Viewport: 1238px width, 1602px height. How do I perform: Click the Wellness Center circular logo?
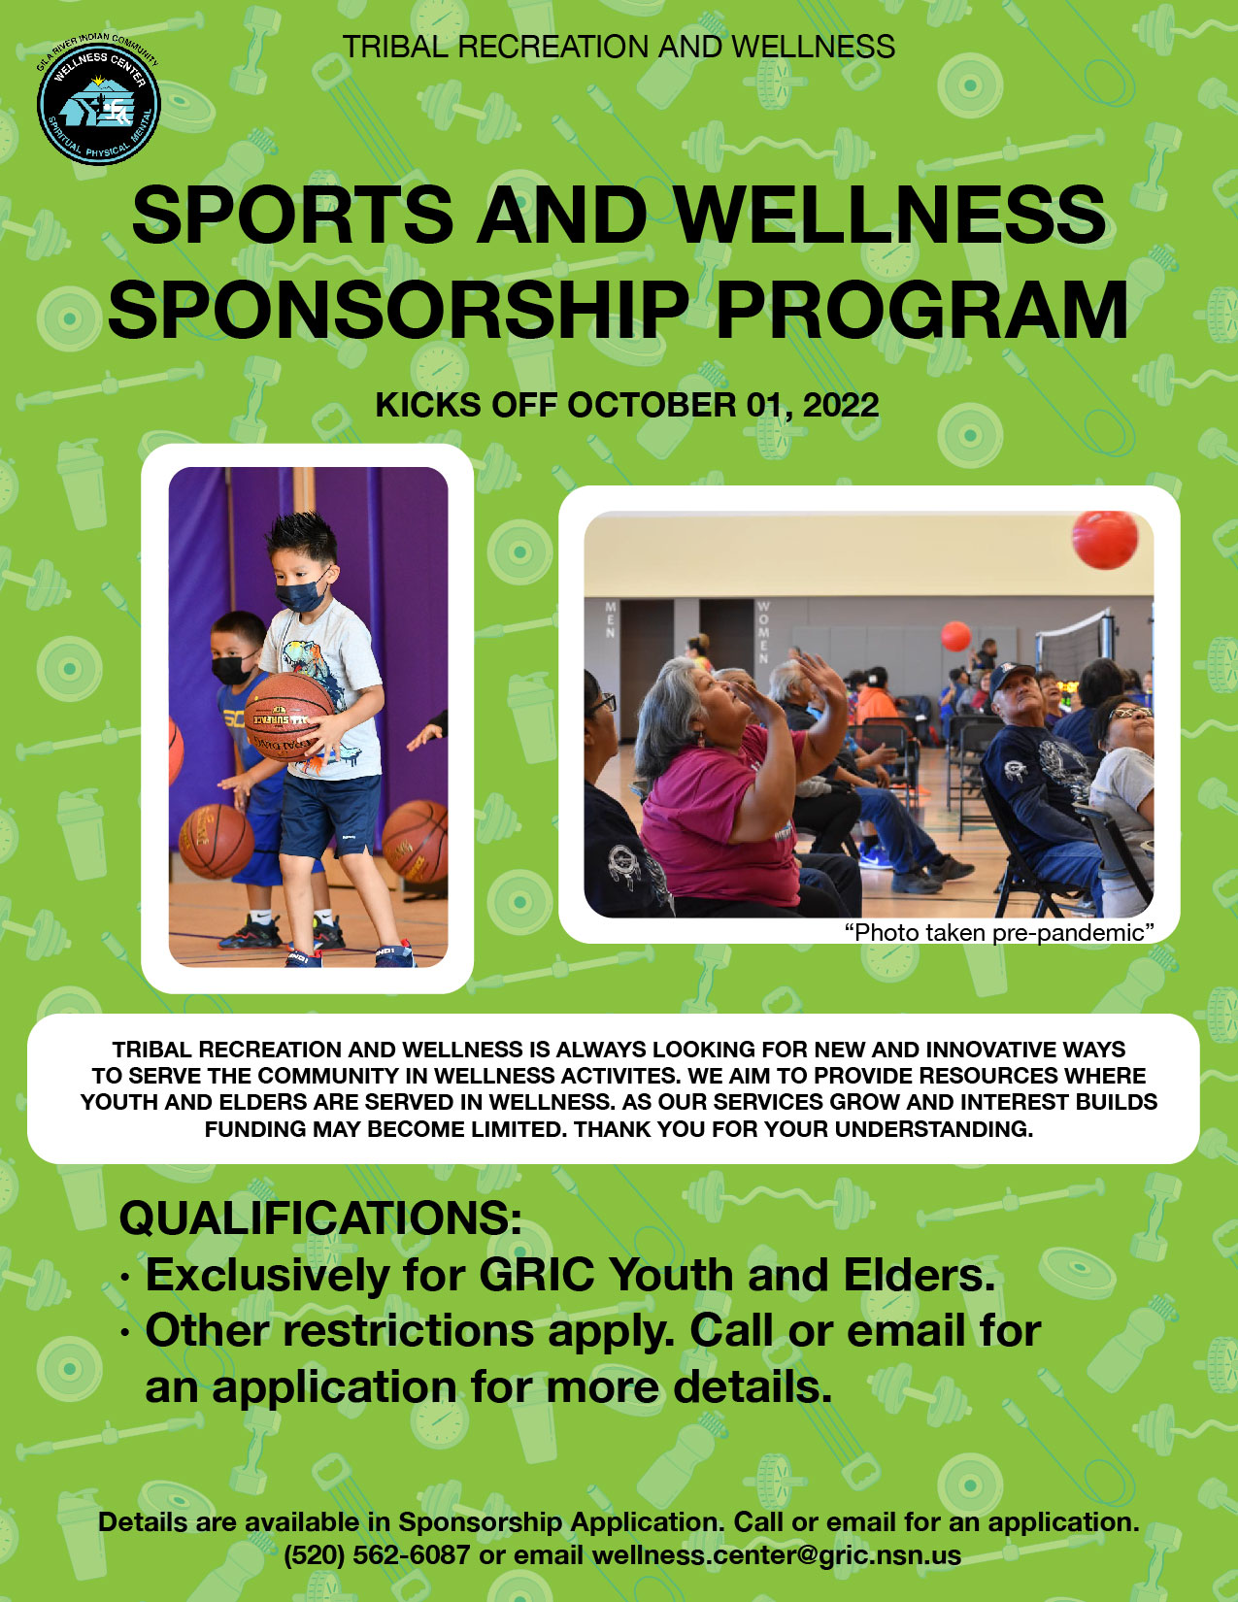pyautogui.click(x=98, y=100)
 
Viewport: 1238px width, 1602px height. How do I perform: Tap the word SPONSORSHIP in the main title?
pyautogui.click(x=399, y=310)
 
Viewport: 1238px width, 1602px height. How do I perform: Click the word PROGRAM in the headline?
pyautogui.click(x=920, y=310)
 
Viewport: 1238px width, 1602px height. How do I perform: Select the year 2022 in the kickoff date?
pyautogui.click(x=841, y=405)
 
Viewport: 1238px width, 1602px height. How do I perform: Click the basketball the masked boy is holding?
pyautogui.click(x=288, y=717)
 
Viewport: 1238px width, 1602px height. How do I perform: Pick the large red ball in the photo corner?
pyautogui.click(x=1105, y=539)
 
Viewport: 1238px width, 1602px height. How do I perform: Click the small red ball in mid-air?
pyautogui.click(x=955, y=636)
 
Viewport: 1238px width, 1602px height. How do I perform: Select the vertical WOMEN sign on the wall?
pyautogui.click(x=763, y=632)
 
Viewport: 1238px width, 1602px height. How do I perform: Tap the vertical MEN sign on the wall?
pyautogui.click(x=611, y=619)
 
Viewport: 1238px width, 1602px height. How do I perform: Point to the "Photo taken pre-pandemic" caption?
pyautogui.click(x=999, y=933)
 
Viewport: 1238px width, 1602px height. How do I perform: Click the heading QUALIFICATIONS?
pyautogui.click(x=320, y=1218)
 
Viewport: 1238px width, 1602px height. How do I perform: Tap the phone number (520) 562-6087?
pyautogui.click(x=377, y=1555)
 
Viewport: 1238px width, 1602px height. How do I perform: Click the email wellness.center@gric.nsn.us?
pyautogui.click(x=777, y=1555)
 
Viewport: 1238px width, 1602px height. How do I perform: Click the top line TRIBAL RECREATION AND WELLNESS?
pyautogui.click(x=619, y=48)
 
